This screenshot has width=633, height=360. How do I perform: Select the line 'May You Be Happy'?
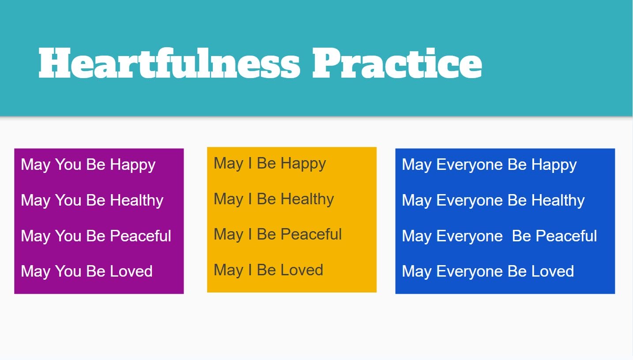88,165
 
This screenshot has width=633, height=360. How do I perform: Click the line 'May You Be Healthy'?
92,201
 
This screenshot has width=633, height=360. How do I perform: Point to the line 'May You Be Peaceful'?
96,236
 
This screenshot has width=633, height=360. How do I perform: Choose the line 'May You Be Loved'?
87,271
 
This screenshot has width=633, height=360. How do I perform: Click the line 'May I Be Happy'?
270,164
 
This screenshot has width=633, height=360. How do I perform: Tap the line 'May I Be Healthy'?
274,199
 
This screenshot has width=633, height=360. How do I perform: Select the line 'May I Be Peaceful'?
278,235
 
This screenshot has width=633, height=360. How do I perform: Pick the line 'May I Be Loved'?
268,270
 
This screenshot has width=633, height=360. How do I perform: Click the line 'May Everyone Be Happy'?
489,165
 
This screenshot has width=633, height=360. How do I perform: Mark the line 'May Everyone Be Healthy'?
493,201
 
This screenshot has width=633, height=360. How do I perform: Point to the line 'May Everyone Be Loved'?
488,271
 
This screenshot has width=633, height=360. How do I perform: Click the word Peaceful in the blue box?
566,236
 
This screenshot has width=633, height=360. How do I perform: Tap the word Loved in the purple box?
131,271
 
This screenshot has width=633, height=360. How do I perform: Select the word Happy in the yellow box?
303,164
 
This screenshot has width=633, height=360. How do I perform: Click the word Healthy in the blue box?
558,201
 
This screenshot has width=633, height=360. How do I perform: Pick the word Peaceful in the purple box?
140,236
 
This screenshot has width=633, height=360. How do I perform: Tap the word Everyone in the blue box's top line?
470,165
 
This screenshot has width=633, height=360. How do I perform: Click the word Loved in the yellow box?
302,270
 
